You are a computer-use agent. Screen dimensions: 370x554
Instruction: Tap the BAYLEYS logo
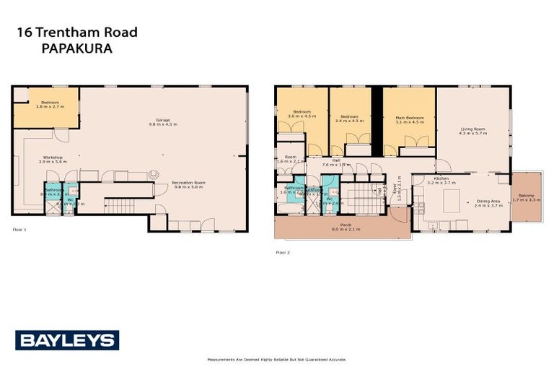coord(67,340)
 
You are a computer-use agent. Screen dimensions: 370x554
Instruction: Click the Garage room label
coord(162,122)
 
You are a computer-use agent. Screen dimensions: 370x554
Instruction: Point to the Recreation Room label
coord(188,185)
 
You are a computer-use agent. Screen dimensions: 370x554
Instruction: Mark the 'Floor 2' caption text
coord(283,252)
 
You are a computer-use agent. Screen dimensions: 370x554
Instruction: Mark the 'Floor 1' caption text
coord(19,230)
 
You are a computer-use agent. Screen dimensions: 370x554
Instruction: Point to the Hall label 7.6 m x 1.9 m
coord(336,163)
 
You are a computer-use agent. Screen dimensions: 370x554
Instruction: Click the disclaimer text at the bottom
coord(276,359)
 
